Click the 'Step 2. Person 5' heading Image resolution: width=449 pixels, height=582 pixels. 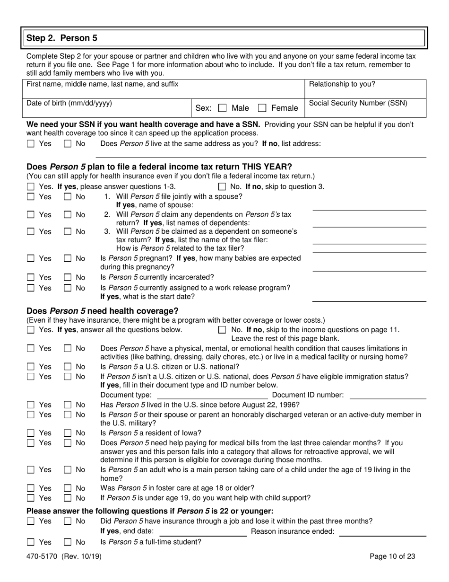coord(62,38)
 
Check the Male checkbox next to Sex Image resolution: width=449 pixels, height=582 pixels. coord(222,108)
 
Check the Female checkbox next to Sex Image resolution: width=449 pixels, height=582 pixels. coord(262,108)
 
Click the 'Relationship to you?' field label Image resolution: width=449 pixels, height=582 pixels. coord(342,84)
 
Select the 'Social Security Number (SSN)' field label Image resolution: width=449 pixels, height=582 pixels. coord(358,103)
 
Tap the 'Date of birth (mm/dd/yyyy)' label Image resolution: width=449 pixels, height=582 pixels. coord(69,103)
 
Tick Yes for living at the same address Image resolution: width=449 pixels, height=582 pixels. coord(31,143)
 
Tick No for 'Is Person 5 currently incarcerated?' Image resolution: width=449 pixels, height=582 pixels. coord(68,277)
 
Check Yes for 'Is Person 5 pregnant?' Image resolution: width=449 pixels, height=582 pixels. coord(31,259)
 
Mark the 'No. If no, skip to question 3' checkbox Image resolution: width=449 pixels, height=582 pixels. coord(222,187)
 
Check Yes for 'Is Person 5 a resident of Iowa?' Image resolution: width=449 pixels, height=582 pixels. coord(31,433)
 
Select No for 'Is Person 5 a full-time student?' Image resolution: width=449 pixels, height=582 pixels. coord(68,542)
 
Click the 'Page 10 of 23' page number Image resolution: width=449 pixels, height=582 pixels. coord(392,556)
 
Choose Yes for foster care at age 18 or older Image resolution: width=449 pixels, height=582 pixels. coord(31,488)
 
